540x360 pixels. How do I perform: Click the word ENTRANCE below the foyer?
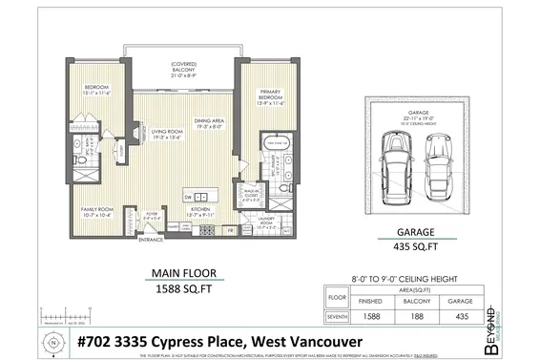click(150, 241)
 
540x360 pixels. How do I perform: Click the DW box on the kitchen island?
click(188, 196)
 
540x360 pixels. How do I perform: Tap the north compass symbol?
click(52, 340)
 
